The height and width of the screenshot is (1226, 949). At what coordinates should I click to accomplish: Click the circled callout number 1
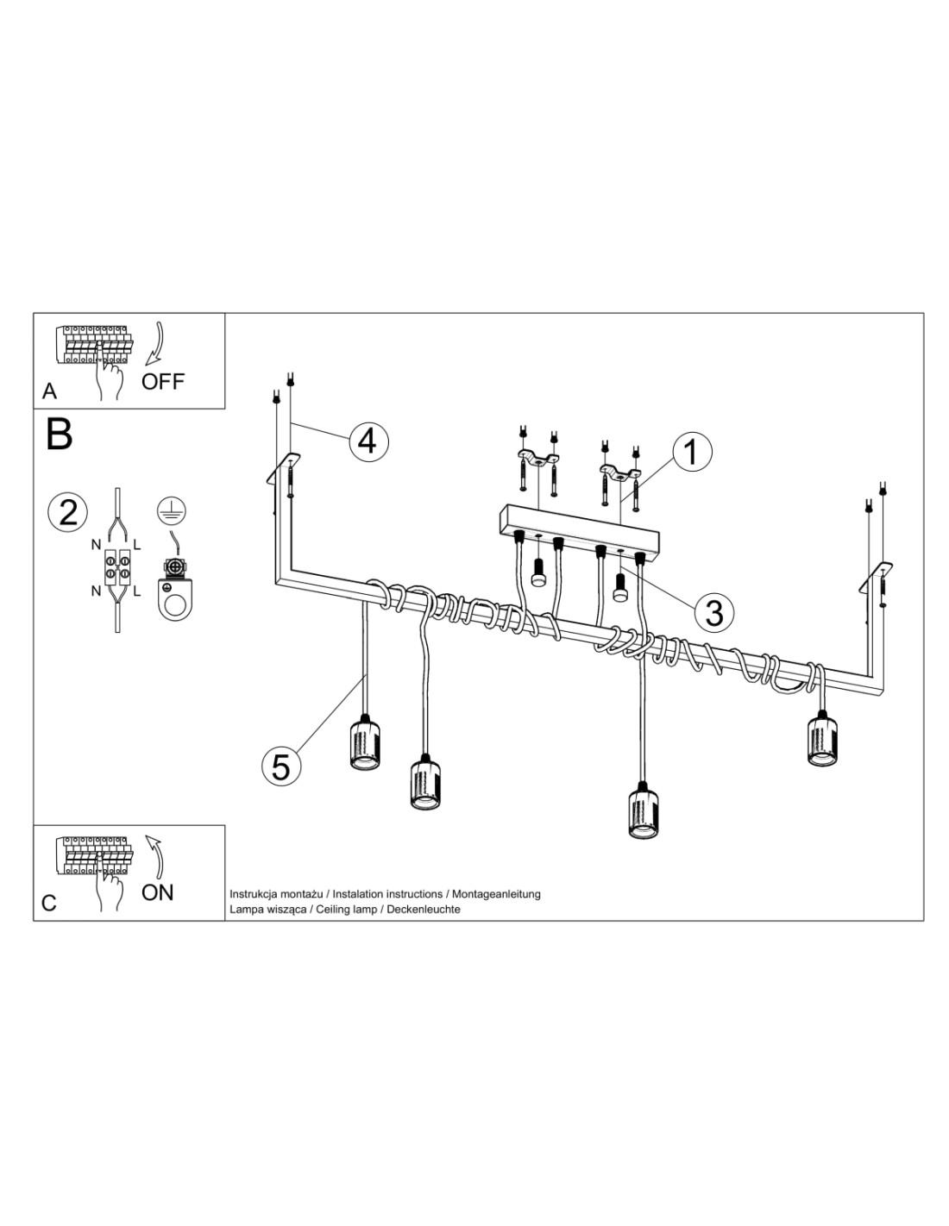(692, 453)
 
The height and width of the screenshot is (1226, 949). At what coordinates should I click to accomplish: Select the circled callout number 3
(714, 612)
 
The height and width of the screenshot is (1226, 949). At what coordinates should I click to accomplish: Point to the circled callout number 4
(368, 441)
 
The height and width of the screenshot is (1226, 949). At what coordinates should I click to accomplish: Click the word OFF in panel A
(162, 382)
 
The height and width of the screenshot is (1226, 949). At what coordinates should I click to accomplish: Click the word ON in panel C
(158, 893)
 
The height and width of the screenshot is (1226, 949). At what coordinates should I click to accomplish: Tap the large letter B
(60, 434)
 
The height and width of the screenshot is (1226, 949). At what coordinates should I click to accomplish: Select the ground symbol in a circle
(173, 510)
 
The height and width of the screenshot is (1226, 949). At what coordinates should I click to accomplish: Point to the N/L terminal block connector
(117, 568)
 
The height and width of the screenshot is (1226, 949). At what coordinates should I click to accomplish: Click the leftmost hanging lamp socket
(365, 741)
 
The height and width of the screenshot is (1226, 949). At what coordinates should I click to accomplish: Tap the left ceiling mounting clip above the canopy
(538, 460)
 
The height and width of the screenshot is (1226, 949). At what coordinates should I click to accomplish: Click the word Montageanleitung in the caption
(496, 894)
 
